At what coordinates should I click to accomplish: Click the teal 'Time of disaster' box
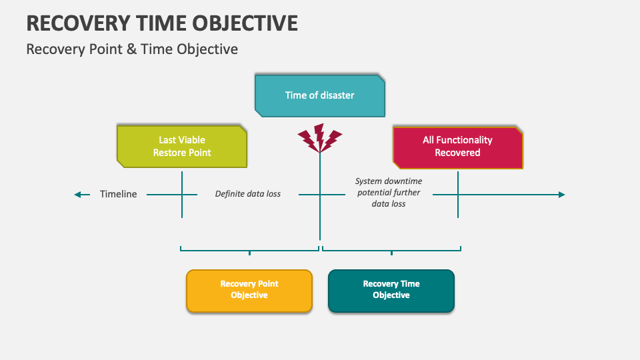tap(319, 95)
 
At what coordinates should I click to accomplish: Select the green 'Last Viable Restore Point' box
tap(181, 147)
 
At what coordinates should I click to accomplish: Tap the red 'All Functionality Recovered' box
tap(457, 148)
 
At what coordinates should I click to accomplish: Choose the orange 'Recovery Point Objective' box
tap(249, 291)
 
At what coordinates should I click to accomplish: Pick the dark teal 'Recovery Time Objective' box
tap(391, 291)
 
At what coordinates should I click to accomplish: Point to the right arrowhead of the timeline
tap(561, 195)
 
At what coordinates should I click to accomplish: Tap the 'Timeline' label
tap(119, 194)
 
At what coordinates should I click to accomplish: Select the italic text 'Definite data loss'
tap(248, 194)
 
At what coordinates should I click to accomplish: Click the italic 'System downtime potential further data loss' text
tap(389, 192)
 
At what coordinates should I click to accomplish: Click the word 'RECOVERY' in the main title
tap(78, 23)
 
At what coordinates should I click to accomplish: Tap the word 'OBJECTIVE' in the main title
tap(245, 23)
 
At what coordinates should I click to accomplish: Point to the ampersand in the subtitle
tap(131, 49)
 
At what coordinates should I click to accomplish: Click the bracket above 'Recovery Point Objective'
tap(249, 250)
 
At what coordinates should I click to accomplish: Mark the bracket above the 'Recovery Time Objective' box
tap(391, 250)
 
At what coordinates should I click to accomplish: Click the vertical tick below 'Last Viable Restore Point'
tap(182, 195)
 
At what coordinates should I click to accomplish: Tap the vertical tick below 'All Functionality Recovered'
tap(458, 195)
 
